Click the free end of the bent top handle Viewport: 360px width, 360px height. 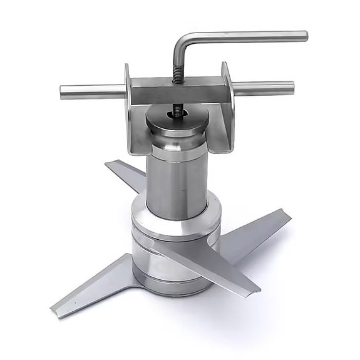[x=304, y=36]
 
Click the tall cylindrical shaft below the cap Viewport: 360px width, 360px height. [x=177, y=182]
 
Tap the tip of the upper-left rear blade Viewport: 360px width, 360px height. [x=107, y=164]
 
